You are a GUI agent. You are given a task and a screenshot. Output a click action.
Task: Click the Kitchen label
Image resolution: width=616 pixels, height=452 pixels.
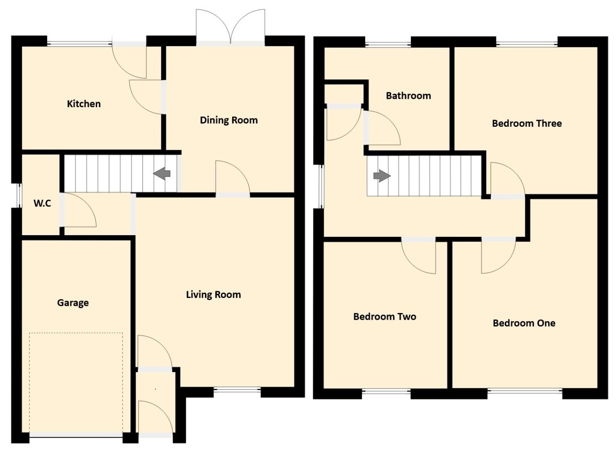tap(84, 104)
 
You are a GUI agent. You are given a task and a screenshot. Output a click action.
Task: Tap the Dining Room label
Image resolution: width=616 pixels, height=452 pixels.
tap(229, 121)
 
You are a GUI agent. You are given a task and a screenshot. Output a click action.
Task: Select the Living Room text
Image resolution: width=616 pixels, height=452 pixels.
tap(213, 295)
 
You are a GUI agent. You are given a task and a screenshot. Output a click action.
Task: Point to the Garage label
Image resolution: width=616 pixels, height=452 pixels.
tap(73, 303)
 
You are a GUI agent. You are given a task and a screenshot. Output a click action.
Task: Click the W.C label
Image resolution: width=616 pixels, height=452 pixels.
tap(42, 203)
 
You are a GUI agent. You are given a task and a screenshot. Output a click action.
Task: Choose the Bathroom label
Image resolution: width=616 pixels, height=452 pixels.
tap(408, 96)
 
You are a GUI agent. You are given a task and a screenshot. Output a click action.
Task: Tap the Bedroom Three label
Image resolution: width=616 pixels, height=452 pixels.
tap(527, 123)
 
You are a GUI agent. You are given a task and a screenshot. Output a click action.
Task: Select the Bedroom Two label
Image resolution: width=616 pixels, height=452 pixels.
tap(384, 317)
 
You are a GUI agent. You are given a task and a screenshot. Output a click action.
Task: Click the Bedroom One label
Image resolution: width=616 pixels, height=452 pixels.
tap(524, 323)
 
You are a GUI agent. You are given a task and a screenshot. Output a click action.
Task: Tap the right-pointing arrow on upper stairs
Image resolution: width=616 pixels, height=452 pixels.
tap(381, 176)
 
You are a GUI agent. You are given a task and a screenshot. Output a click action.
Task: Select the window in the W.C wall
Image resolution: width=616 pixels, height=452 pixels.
tap(18, 195)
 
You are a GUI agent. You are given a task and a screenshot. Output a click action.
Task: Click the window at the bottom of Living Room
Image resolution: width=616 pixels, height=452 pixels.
tap(237, 390)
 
